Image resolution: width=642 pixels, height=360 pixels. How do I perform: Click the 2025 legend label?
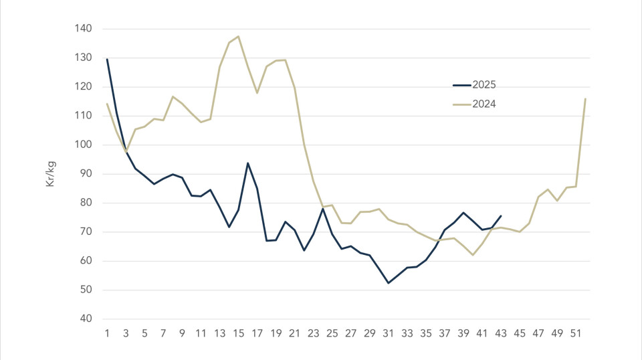[485, 85]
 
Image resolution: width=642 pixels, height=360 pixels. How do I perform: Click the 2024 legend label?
[485, 104]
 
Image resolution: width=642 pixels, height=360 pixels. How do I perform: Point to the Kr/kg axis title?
[51, 173]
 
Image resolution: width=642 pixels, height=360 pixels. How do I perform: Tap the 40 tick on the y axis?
[86, 319]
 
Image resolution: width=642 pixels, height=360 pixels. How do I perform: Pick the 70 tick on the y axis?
[86, 232]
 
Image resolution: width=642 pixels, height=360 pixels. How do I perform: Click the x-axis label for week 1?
[107, 332]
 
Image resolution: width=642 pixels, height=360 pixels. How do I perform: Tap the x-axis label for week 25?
[332, 332]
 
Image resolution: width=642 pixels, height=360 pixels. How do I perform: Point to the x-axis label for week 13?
[219, 332]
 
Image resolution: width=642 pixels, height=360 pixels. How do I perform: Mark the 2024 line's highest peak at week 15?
[238, 36]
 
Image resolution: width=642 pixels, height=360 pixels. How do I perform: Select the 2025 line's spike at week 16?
[248, 163]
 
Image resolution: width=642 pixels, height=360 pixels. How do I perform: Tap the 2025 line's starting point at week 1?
[107, 59]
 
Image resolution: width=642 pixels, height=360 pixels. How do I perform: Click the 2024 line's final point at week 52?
[585, 99]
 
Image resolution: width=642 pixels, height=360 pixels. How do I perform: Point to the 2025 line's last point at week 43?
[501, 215]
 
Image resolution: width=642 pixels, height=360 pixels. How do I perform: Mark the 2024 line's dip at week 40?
[473, 255]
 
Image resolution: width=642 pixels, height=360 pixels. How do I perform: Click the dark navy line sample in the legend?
[462, 85]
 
